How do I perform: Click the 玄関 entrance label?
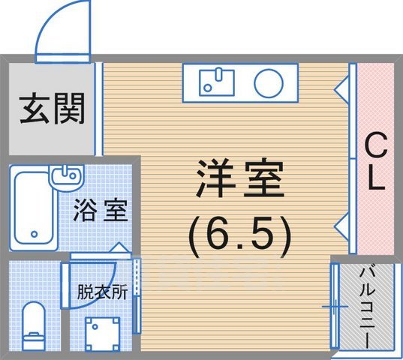(x=52, y=109)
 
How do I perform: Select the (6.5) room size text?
(x=238, y=234)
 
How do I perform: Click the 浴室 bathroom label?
(x=100, y=211)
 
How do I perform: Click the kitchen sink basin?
(x=218, y=82)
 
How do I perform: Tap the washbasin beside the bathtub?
(x=65, y=175)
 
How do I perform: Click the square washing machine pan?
(x=101, y=333)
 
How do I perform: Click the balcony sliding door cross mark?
(x=332, y=306)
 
